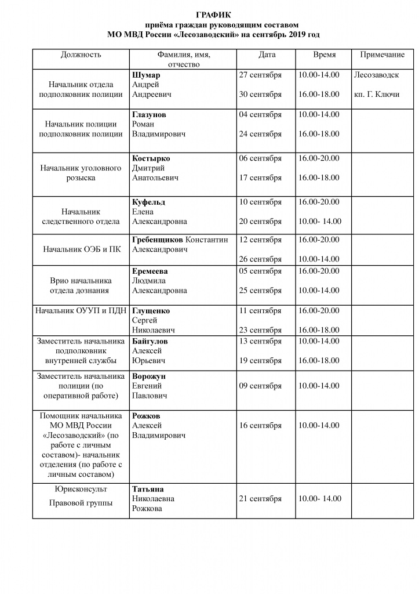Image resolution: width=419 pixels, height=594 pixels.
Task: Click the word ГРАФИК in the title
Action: tap(213, 15)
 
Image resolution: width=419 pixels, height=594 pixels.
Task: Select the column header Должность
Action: tap(81, 55)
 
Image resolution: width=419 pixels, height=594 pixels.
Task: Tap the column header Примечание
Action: tap(382, 55)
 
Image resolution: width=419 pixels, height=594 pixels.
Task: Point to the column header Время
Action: tap(325, 55)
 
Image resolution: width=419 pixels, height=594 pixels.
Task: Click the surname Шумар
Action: tap(146, 75)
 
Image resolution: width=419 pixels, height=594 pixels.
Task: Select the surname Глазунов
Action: tap(149, 115)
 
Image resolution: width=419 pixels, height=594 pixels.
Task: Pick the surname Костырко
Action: tap(151, 158)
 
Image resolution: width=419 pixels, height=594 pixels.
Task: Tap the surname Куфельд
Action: tap(149, 202)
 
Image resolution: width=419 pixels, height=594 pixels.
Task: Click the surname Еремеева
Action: tap(151, 271)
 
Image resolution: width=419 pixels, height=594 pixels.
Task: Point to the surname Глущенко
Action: tap(151, 311)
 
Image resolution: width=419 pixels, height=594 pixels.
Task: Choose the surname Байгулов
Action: tap(150, 341)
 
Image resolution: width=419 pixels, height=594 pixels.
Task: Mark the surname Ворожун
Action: tap(149, 376)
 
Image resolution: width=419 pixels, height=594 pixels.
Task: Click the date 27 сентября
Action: tap(260, 75)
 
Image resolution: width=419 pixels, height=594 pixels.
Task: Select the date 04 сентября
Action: tap(260, 115)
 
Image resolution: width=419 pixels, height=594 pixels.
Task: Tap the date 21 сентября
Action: tap(260, 499)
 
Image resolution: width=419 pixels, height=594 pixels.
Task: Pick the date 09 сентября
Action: tap(260, 386)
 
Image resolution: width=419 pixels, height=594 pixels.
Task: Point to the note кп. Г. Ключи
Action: tap(377, 95)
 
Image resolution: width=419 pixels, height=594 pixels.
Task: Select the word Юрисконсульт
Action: tap(81, 489)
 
